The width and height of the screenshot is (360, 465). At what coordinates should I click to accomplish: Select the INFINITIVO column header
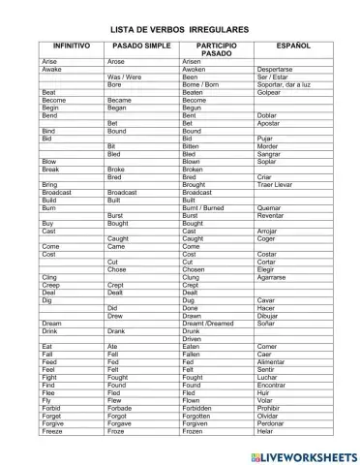coord(72,46)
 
